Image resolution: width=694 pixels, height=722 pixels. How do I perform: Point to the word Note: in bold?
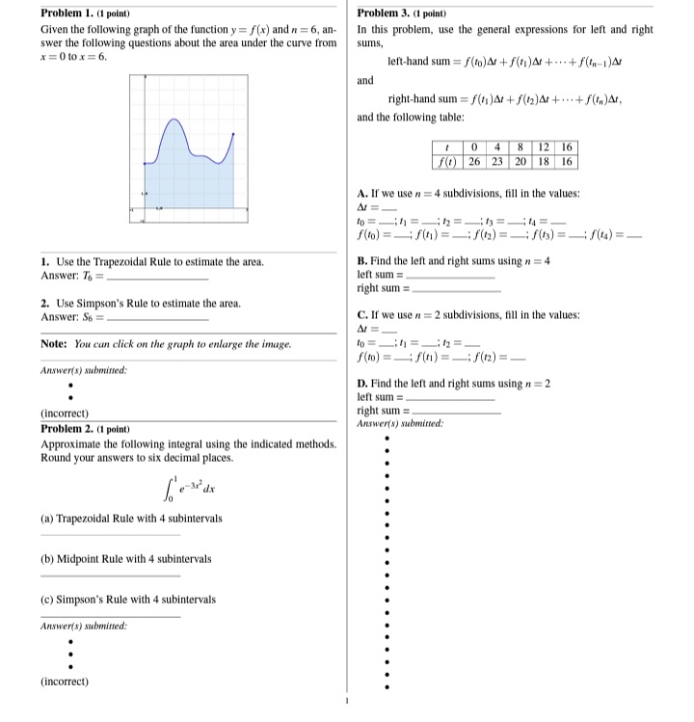(x=54, y=343)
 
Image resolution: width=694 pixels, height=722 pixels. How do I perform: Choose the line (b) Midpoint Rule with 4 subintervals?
(x=125, y=559)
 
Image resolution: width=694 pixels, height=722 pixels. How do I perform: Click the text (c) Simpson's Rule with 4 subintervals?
(x=128, y=600)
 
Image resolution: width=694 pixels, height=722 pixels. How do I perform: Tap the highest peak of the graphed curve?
(x=173, y=120)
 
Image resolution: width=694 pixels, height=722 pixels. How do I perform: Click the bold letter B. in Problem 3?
(x=361, y=261)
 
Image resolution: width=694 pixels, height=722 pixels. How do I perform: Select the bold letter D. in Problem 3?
(x=361, y=383)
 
